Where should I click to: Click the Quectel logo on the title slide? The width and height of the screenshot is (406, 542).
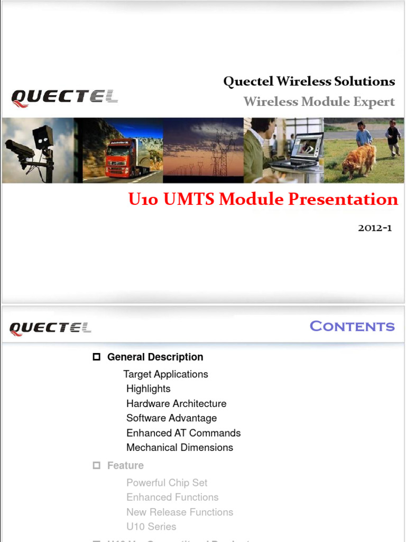[x=64, y=97]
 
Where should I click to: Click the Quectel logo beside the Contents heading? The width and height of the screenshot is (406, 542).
[x=50, y=328]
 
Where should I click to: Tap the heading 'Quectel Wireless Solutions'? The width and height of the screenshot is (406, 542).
[x=309, y=82]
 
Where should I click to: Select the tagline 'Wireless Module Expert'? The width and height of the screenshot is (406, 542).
[x=319, y=102]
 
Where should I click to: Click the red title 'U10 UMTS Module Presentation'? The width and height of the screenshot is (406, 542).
[x=263, y=200]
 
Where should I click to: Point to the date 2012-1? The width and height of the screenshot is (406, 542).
[x=375, y=228]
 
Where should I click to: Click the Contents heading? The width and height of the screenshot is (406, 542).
[x=352, y=326]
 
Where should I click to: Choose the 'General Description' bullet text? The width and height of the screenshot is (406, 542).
[x=155, y=357]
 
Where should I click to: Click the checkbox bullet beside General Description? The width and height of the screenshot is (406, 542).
[x=96, y=357]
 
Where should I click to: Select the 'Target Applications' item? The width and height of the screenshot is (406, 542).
[x=165, y=374]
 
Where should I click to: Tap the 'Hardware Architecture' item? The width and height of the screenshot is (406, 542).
[x=176, y=403]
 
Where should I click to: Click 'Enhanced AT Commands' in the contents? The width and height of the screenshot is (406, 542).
[x=183, y=433]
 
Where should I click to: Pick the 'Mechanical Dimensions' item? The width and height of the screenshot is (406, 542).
[x=180, y=447]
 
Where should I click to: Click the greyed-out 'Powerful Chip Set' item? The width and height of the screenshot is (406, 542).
[x=167, y=483]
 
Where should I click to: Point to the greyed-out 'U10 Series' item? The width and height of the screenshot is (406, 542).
[x=151, y=527]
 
